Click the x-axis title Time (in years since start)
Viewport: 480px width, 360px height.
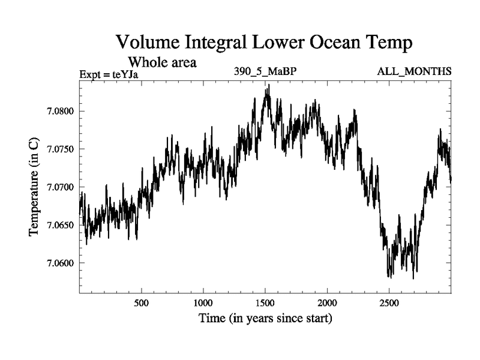pos(265,319)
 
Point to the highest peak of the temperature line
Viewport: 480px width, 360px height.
pos(269,85)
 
